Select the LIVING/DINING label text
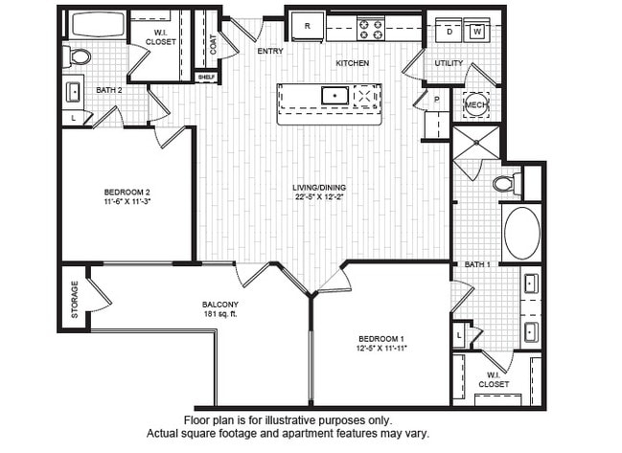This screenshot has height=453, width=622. coord(320,187)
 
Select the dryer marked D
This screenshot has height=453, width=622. coord(449,31)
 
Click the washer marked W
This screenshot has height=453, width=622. coord(476,31)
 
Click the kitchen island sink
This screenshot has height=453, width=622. coord(334,95)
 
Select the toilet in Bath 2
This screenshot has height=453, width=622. coord(79,57)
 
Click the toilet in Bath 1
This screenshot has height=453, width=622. coord(505,184)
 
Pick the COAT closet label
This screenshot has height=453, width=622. coord(213,43)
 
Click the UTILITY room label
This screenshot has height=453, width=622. coord(449,64)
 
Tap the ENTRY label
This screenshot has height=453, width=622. coord(270,51)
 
